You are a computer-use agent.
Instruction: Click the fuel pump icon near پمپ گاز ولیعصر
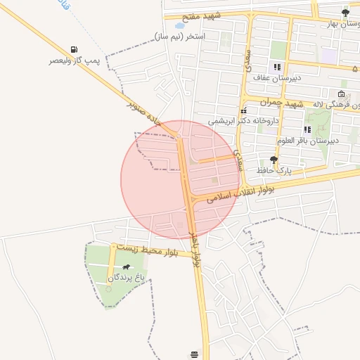(73, 49)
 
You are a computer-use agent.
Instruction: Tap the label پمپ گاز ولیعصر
(73, 61)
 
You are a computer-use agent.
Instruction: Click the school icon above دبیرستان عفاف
(267, 67)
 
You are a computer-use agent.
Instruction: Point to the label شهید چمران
(280, 103)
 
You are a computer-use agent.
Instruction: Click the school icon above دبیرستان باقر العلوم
(307, 129)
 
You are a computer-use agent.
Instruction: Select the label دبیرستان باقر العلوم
(308, 141)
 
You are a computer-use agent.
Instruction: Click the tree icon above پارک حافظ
(274, 160)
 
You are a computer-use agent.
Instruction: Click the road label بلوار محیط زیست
(150, 250)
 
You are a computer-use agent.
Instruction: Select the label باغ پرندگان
(125, 278)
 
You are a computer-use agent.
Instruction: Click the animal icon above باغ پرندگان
(125, 267)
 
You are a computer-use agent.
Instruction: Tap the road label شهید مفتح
(201, 16)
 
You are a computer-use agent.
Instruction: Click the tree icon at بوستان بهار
(345, 12)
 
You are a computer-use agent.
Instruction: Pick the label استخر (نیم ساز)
(180, 36)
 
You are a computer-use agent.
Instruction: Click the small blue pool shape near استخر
(180, 25)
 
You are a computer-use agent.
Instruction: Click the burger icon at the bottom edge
(194, 353)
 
